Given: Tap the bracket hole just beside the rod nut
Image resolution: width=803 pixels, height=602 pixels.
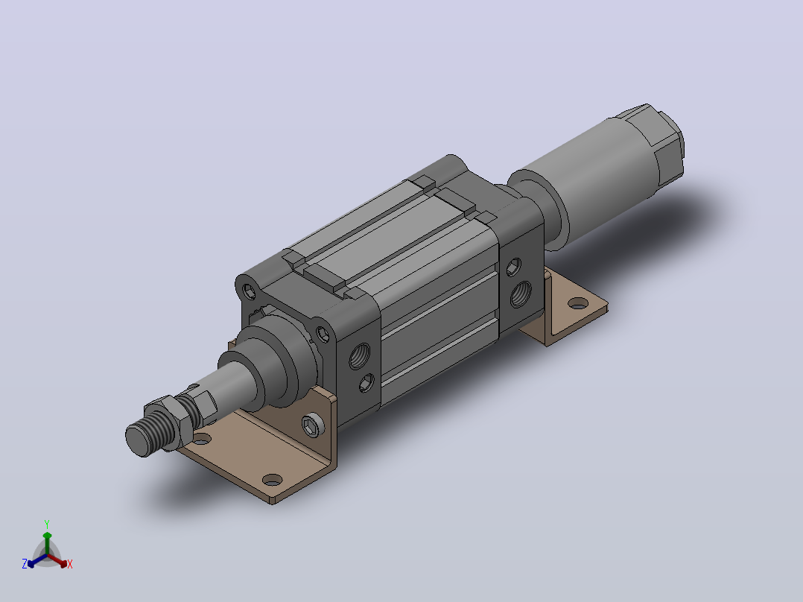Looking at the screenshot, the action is point(202,439).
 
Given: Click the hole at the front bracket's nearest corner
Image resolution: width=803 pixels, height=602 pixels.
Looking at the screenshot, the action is point(272,480).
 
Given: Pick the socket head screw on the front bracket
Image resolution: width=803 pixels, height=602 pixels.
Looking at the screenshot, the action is point(312,425).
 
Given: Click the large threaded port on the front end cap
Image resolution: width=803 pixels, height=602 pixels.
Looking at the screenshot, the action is point(360,355).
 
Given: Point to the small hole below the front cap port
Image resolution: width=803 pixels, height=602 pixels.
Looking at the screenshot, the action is point(366,382).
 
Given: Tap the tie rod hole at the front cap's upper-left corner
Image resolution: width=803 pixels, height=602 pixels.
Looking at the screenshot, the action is point(250,292).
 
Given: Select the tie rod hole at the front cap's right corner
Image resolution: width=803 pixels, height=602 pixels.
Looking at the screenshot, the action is point(323,335).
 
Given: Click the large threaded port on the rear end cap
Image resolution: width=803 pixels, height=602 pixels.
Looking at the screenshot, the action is point(521,294).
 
